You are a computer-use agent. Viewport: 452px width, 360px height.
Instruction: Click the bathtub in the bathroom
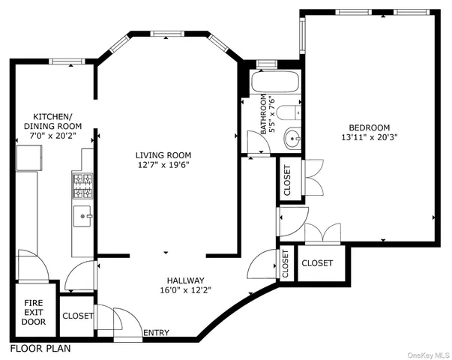pyautogui.click(x=275, y=82)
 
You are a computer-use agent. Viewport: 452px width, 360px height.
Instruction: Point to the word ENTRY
pyautogui.click(x=156, y=333)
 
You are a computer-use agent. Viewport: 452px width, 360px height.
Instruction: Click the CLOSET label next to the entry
pyautogui.click(x=77, y=316)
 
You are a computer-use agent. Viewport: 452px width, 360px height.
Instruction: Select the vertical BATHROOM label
pyautogui.click(x=263, y=115)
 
